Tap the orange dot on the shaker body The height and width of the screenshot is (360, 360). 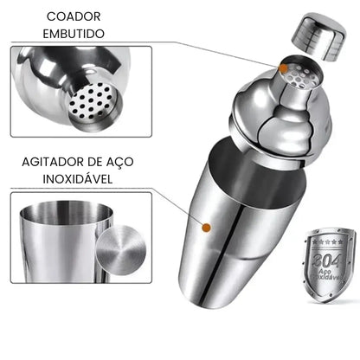[206, 228]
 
